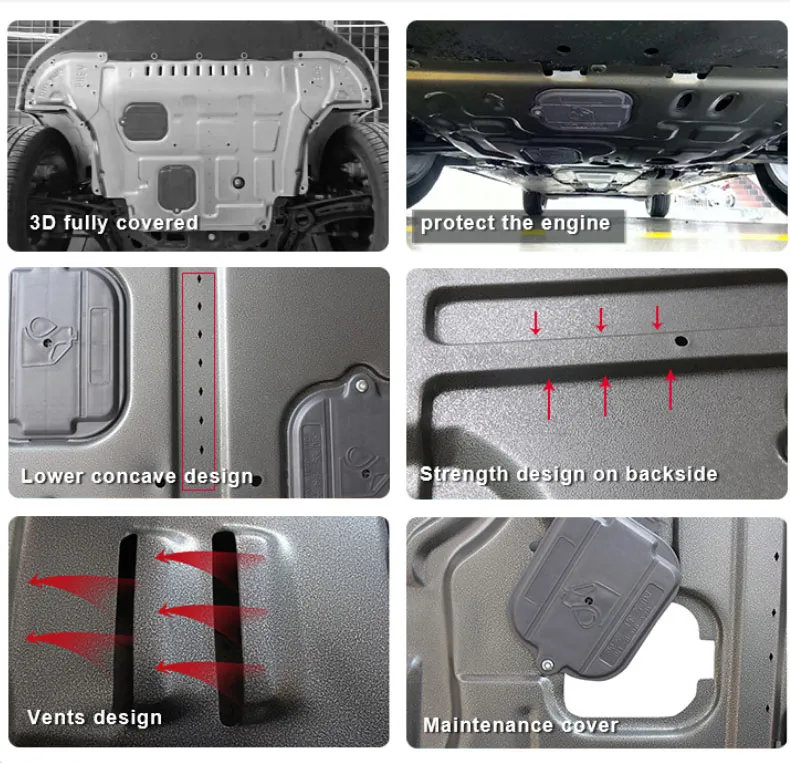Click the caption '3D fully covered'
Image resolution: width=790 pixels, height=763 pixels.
point(114,223)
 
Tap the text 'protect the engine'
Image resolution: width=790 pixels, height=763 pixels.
point(515,223)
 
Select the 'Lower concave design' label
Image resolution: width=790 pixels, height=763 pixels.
point(137,476)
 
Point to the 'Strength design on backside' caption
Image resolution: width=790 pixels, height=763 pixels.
point(568,474)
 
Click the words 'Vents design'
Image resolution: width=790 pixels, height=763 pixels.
point(94,717)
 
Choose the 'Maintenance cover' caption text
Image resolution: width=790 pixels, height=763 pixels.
point(520,725)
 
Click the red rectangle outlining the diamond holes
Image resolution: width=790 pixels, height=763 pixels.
point(199,380)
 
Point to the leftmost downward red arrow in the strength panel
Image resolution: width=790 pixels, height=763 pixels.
point(536,322)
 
